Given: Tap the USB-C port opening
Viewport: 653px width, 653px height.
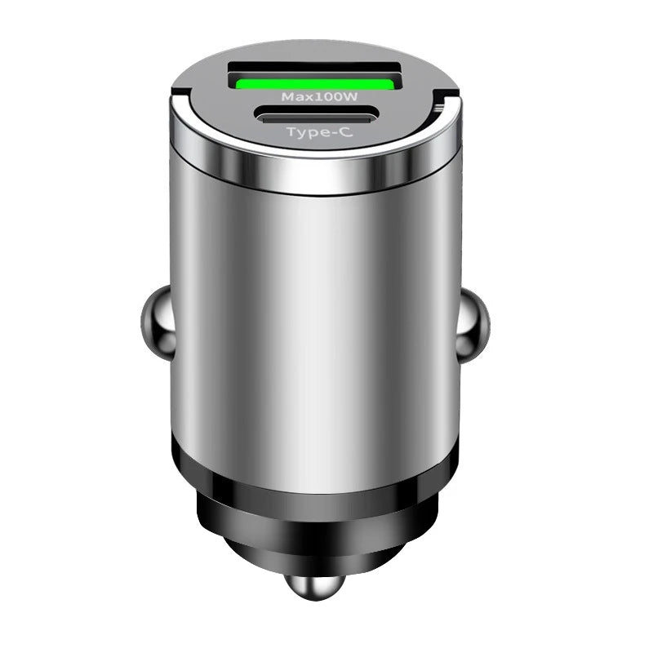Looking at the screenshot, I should coord(318,115).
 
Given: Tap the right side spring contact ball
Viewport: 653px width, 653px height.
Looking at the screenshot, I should coord(473,326).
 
